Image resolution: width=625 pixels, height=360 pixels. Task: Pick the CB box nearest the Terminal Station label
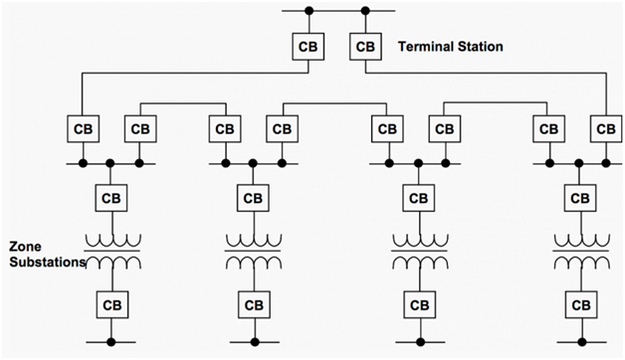[x=366, y=47]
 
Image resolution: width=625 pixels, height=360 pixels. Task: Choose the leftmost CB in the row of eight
[x=83, y=129]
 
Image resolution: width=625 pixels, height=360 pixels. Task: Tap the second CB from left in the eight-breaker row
[x=139, y=129]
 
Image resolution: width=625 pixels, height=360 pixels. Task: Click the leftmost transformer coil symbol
[x=110, y=251]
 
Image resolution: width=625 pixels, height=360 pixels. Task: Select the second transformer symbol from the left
[x=255, y=251]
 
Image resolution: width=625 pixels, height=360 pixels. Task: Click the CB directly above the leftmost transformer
[x=110, y=197]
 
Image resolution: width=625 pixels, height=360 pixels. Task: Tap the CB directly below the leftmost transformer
[x=110, y=303]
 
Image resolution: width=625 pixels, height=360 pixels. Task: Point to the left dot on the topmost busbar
[x=309, y=12]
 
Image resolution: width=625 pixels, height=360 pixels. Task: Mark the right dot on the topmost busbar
[x=366, y=12]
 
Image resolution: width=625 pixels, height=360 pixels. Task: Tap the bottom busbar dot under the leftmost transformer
[x=110, y=341]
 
